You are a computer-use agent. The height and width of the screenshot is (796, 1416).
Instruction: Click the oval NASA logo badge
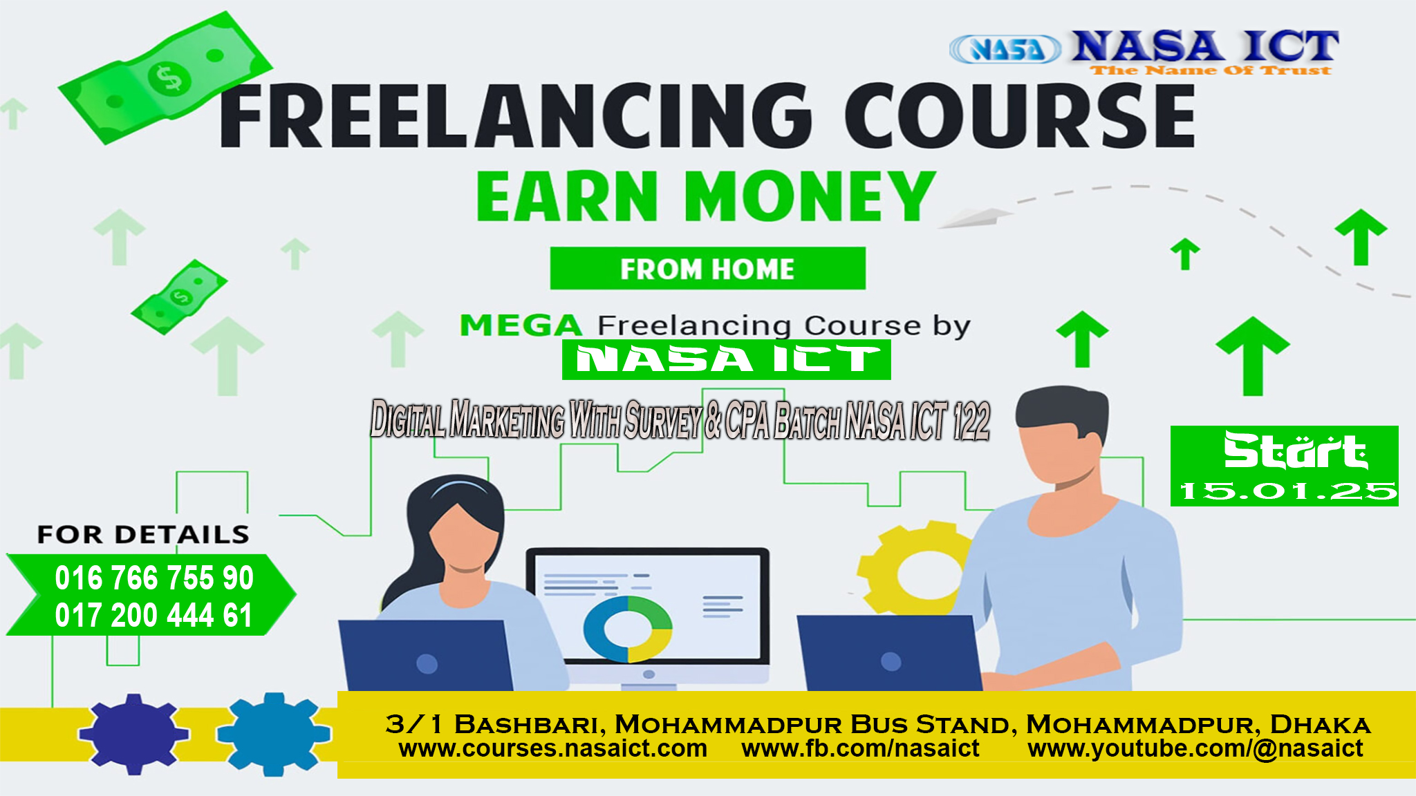tap(1005, 49)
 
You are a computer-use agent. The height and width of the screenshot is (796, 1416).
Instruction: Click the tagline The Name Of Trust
tap(1211, 70)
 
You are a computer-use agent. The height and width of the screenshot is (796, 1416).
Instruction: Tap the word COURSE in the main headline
tap(1019, 115)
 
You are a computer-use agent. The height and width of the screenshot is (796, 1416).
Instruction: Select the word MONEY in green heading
tap(810, 196)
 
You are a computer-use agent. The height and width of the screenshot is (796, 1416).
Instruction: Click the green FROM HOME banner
tap(707, 268)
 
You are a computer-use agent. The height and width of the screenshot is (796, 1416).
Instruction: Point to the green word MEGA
tap(521, 325)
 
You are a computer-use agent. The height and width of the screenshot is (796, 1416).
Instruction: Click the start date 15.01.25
tap(1287, 491)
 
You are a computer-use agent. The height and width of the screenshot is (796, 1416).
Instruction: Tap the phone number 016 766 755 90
tap(154, 578)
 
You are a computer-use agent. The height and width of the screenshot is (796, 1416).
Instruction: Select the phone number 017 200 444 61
tap(153, 615)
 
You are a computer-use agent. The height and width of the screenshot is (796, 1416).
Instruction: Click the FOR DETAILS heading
tap(143, 534)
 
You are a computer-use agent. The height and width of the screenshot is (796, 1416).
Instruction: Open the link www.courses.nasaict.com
tap(552, 748)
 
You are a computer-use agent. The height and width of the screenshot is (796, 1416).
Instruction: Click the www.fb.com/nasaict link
tap(860, 748)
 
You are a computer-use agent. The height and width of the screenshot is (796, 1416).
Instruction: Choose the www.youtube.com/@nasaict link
tap(1195, 748)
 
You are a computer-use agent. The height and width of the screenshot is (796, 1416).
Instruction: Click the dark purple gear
tap(133, 734)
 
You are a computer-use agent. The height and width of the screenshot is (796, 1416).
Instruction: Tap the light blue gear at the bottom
tap(273, 734)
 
